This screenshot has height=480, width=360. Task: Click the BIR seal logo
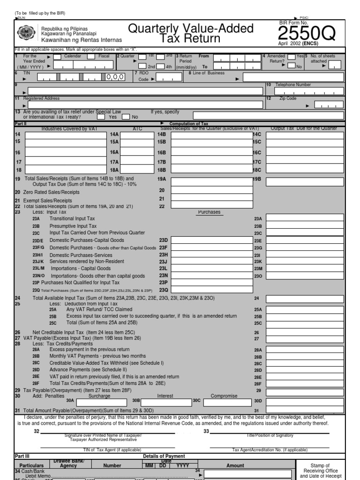25,33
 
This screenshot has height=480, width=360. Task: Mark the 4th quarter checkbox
160,67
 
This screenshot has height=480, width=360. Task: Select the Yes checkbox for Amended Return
291,57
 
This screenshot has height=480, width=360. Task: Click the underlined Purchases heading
209,212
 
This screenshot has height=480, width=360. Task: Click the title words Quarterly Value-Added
191,29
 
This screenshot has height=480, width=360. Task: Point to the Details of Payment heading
164,456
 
